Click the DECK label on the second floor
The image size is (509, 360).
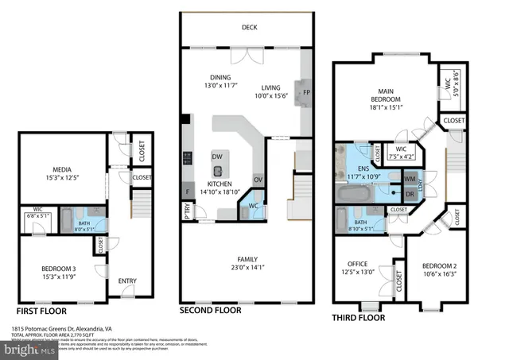pyautogui.click(x=250, y=27)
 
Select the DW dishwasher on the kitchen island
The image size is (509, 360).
pyautogui.click(x=217, y=157)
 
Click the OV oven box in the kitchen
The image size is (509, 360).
pyautogui.click(x=258, y=180)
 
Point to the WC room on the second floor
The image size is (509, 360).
pyautogui.click(x=253, y=206)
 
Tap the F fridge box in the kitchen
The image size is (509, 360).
pyautogui.click(x=188, y=192)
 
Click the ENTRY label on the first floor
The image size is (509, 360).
pyautogui.click(x=127, y=281)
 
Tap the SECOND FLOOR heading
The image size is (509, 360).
pyautogui.click(x=209, y=310)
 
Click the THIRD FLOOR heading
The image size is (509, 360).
pyautogui.click(x=359, y=318)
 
